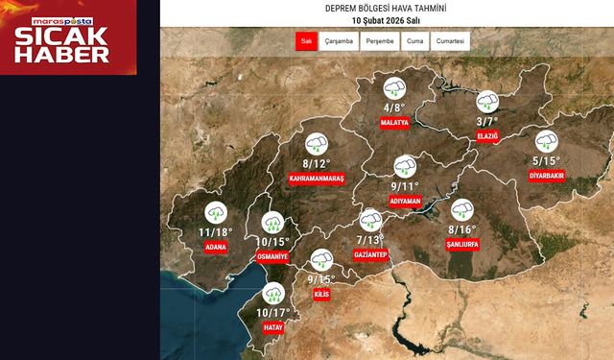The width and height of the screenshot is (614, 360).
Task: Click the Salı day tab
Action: pyautogui.click(x=307, y=41)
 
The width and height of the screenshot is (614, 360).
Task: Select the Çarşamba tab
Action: pyautogui.click(x=341, y=41)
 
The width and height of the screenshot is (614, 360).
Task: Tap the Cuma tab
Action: pyautogui.click(x=415, y=41)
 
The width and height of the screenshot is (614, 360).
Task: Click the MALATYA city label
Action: pyautogui.click(x=394, y=123)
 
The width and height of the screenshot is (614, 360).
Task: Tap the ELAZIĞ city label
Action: pyautogui.click(x=487, y=136)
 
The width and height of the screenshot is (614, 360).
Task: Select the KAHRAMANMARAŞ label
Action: pyautogui.click(x=317, y=179)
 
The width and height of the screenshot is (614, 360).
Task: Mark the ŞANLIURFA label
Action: pyautogui.click(x=462, y=244)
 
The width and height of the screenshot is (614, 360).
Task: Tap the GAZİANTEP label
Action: pyautogui.click(x=369, y=254)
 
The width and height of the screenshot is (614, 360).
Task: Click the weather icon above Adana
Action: pyautogui.click(x=216, y=214)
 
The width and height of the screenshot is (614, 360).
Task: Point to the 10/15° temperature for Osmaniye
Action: pyautogui.click(x=273, y=242)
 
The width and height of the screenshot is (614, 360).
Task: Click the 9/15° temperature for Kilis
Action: pyautogui.click(x=321, y=278)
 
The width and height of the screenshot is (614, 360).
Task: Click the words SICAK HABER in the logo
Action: pyautogui.click(x=67, y=45)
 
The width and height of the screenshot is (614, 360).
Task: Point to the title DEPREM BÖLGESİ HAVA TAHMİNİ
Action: pyautogui.click(x=387, y=9)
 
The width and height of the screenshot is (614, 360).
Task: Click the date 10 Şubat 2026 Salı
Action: pyautogui.click(x=387, y=21)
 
